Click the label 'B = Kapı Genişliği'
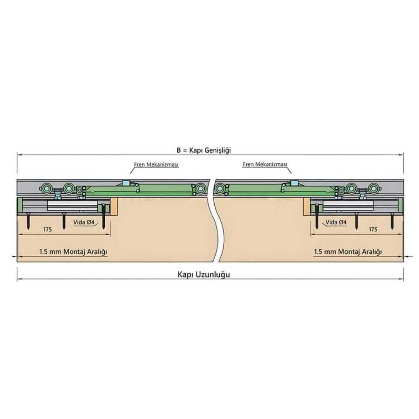203,150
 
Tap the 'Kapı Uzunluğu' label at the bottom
203,275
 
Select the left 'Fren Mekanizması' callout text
156,164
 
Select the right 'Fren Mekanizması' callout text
265,164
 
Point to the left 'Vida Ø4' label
84,222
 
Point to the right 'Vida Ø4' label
336,222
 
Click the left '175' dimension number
47,229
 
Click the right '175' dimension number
373,229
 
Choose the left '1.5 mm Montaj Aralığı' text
73,252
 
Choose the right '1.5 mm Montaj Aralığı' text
348,252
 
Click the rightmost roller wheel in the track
373,189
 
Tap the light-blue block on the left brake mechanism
125,183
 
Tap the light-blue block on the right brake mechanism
295,183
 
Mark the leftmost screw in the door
28,221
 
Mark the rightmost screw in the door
392,221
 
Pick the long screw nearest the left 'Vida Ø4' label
104,217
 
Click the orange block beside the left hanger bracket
114,207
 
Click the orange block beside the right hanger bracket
306,207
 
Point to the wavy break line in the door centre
217,220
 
